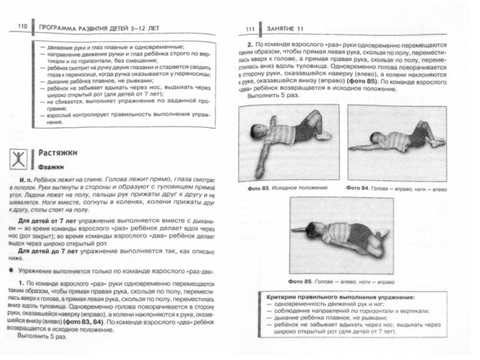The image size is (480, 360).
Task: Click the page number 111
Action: (x=250, y=28)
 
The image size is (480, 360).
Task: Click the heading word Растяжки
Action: (x=58, y=153)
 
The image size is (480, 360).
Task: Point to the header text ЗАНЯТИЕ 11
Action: (x=285, y=28)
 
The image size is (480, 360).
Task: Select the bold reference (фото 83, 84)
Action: (x=85, y=322)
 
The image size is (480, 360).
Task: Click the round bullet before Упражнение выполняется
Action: (x=12, y=270)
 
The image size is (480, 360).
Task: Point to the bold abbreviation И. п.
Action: (x=25, y=180)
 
